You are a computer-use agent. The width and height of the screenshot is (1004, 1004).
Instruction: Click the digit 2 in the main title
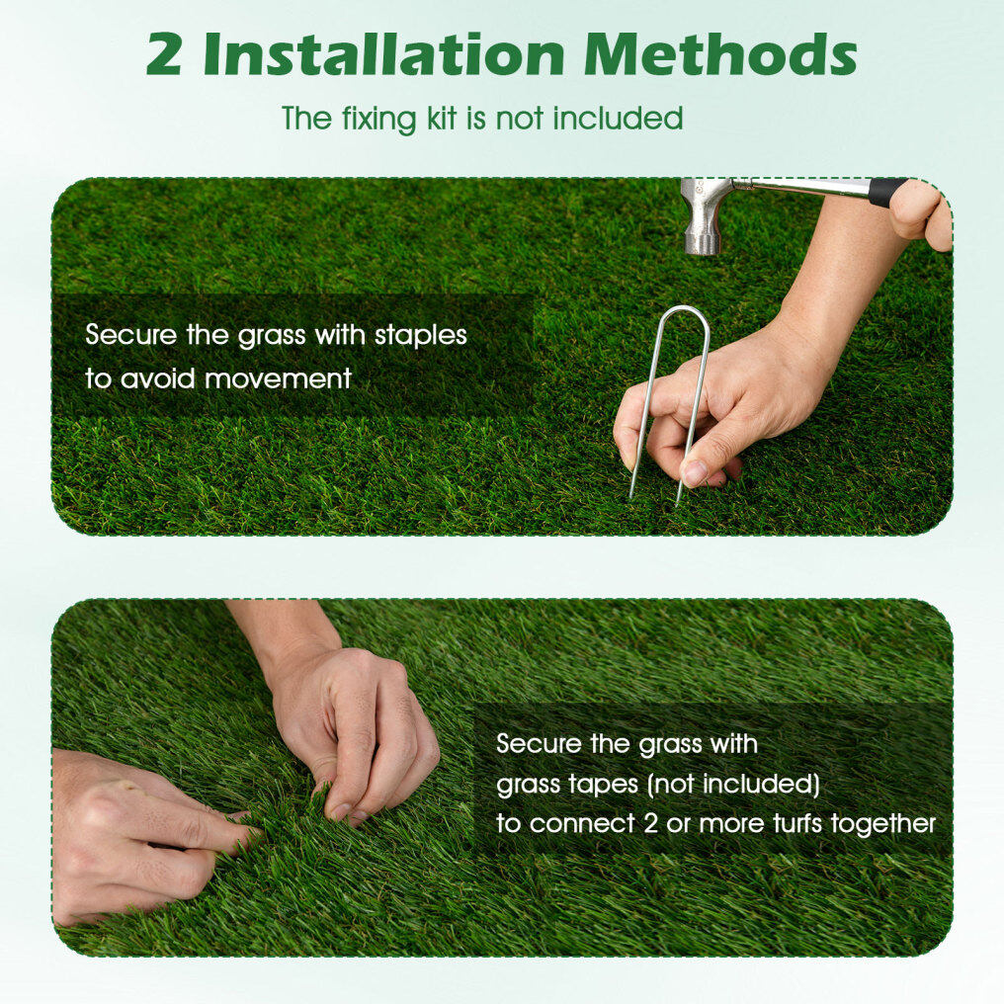(165, 54)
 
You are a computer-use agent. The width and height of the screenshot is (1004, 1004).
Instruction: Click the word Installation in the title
(383, 53)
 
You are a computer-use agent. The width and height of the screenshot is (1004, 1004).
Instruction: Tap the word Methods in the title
(720, 53)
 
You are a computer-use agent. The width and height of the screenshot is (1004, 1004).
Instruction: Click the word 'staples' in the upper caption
(421, 336)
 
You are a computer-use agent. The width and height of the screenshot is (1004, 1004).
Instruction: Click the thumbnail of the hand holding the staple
(694, 473)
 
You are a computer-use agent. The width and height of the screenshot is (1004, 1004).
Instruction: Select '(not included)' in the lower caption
(734, 784)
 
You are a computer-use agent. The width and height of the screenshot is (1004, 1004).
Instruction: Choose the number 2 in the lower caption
(650, 824)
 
